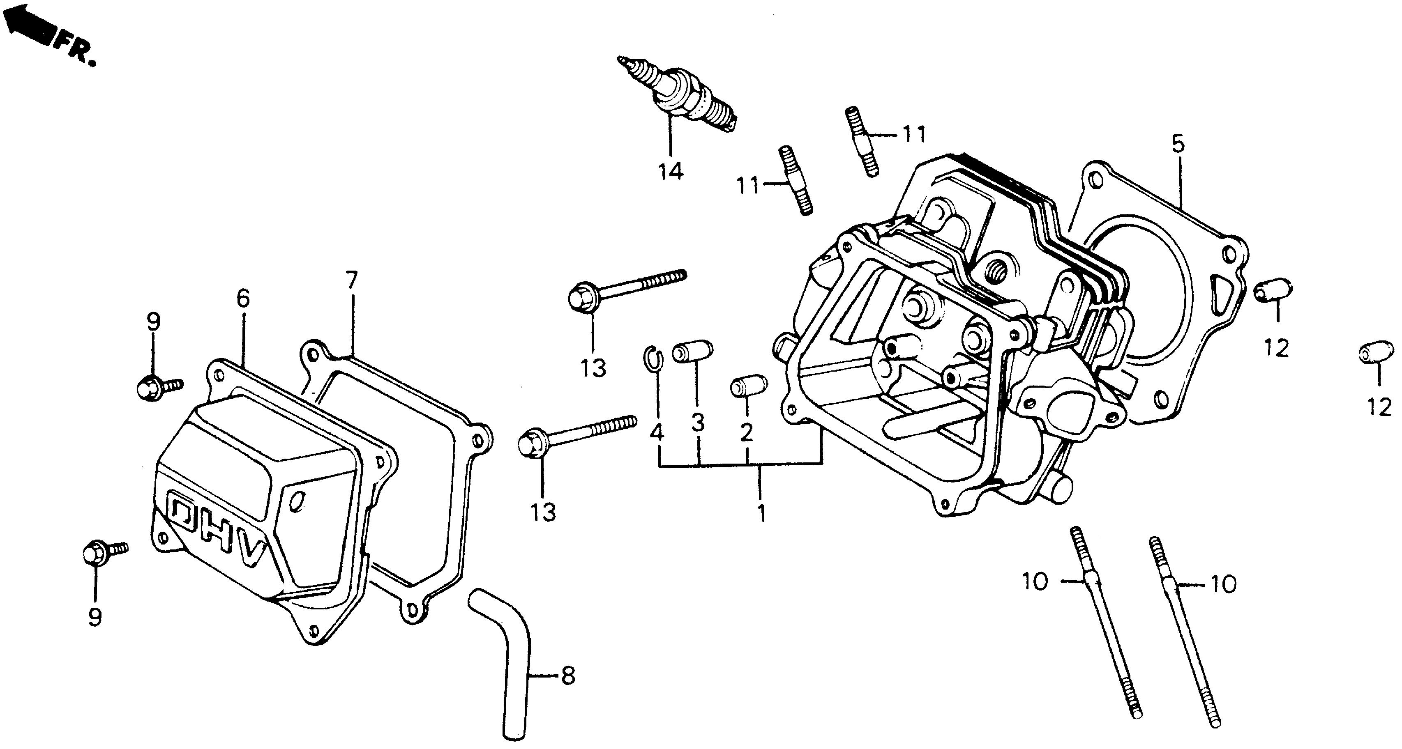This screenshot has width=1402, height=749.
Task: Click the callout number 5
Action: click(1177, 145)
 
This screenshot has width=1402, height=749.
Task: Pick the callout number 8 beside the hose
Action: click(567, 677)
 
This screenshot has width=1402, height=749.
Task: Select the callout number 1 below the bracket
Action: click(761, 513)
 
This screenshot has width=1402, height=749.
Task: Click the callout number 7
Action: click(352, 281)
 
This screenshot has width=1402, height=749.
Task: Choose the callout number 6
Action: click(243, 299)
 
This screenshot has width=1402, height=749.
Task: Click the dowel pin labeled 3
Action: click(692, 352)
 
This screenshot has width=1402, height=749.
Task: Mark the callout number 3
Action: click(698, 423)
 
